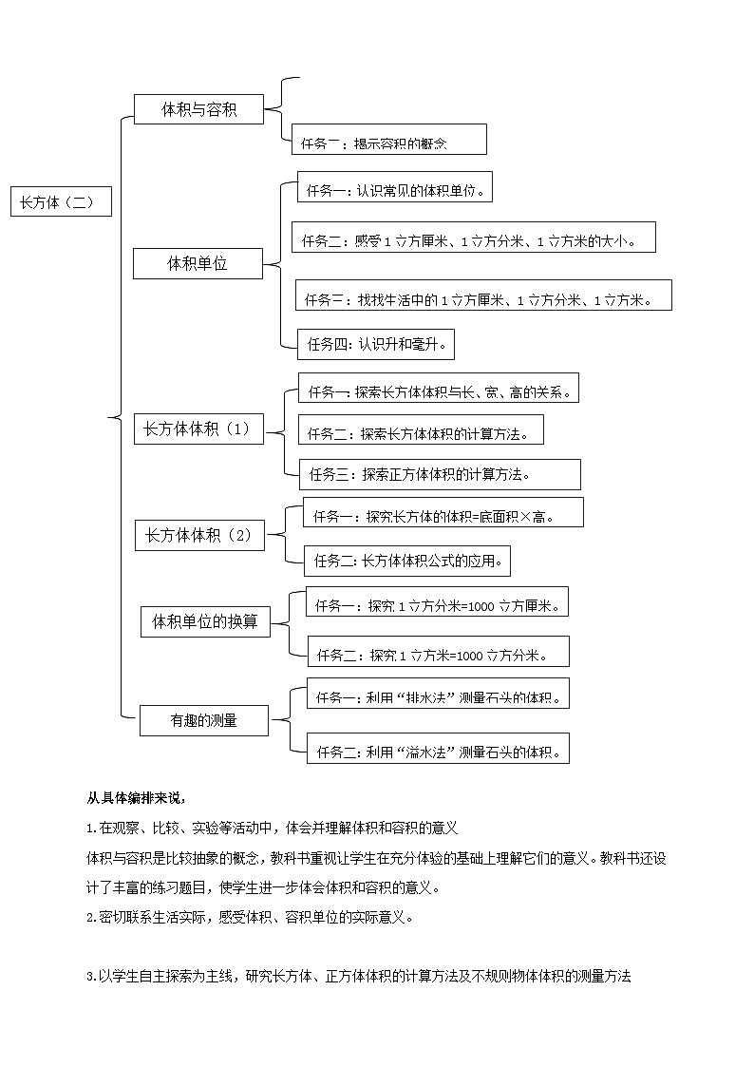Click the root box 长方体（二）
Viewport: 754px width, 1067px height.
click(61, 202)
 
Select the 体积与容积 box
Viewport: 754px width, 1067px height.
click(198, 109)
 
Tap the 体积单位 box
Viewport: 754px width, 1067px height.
click(198, 264)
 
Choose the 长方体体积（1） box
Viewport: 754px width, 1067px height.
click(197, 429)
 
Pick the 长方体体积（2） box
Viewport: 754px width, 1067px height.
click(198, 536)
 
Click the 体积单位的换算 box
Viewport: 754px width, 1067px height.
click(205, 622)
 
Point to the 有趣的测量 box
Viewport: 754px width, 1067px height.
click(204, 720)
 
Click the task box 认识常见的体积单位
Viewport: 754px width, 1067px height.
click(395, 189)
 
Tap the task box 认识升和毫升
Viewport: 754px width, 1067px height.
click(376, 344)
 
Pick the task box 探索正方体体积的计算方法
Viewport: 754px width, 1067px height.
click(439, 473)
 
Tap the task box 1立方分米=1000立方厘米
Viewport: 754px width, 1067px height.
click(437, 602)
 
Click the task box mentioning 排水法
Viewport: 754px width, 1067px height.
click(439, 696)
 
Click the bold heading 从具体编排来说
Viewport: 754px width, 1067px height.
click(130, 798)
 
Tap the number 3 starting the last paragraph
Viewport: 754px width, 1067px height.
click(89, 976)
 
